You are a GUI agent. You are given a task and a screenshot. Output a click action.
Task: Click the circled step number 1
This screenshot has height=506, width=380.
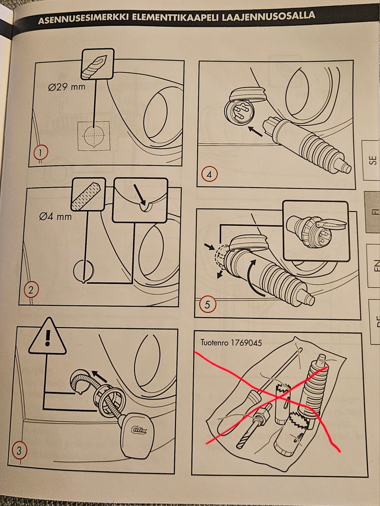41,152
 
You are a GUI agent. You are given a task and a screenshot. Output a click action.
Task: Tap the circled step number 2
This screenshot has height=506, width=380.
31,290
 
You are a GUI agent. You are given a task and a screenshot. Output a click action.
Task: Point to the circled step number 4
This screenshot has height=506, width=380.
209,174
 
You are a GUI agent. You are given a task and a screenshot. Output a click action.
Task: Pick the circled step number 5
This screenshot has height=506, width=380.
207,305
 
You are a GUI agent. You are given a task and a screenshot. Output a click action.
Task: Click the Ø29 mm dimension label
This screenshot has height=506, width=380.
66,87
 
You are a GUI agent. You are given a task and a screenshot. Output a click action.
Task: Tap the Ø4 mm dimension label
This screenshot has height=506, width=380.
55,216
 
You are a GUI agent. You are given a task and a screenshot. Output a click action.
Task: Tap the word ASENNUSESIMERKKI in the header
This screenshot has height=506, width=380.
83,19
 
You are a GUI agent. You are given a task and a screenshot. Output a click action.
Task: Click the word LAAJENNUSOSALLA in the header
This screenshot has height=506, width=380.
269,16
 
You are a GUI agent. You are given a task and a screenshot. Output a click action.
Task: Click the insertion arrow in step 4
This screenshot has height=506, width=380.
255,131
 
